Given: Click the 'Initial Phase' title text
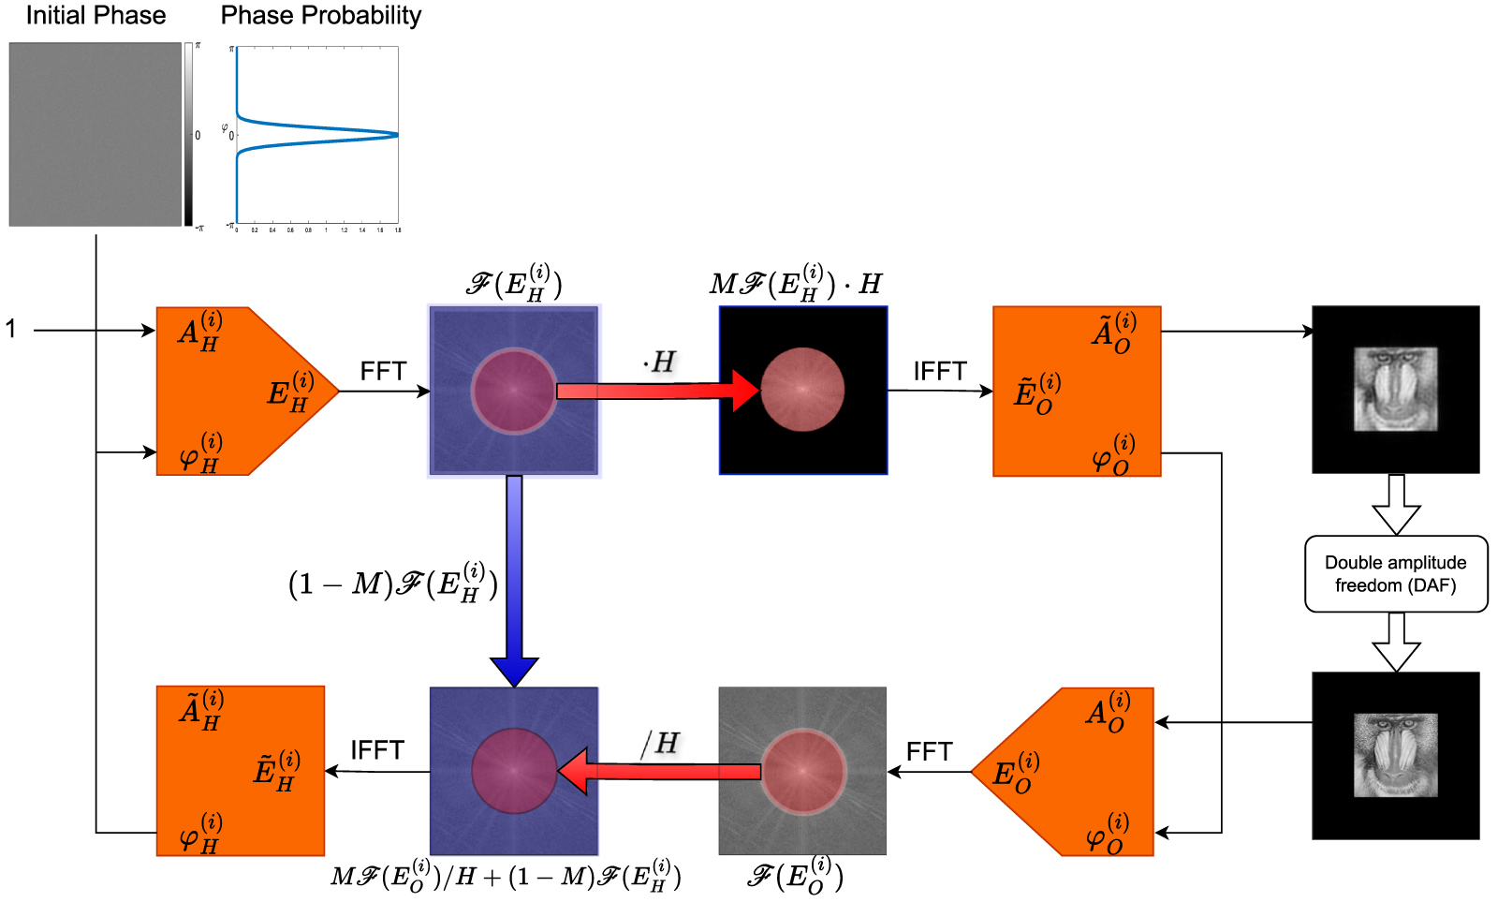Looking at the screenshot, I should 95,16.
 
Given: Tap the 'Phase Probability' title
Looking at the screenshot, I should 320,16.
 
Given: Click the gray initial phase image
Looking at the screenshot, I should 95,134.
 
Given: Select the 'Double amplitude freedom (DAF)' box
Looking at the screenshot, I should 1395,574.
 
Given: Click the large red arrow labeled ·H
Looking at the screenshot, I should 655,391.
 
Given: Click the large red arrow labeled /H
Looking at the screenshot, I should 660,771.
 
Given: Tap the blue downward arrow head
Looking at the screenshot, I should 514,672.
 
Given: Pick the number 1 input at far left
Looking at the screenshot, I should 11,330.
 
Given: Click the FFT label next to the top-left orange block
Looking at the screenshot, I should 383,372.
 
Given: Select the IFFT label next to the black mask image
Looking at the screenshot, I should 939,372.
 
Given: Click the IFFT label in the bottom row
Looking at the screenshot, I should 376,751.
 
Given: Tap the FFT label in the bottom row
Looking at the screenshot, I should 928,752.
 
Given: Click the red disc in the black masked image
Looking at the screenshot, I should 802,390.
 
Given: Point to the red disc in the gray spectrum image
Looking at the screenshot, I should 802,771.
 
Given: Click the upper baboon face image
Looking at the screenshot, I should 1395,389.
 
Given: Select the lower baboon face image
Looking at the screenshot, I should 1395,755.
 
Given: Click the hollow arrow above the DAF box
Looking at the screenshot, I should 1396,505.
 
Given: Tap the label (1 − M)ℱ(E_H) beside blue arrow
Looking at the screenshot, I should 392,584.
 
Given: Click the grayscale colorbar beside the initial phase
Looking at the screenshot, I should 188,134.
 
